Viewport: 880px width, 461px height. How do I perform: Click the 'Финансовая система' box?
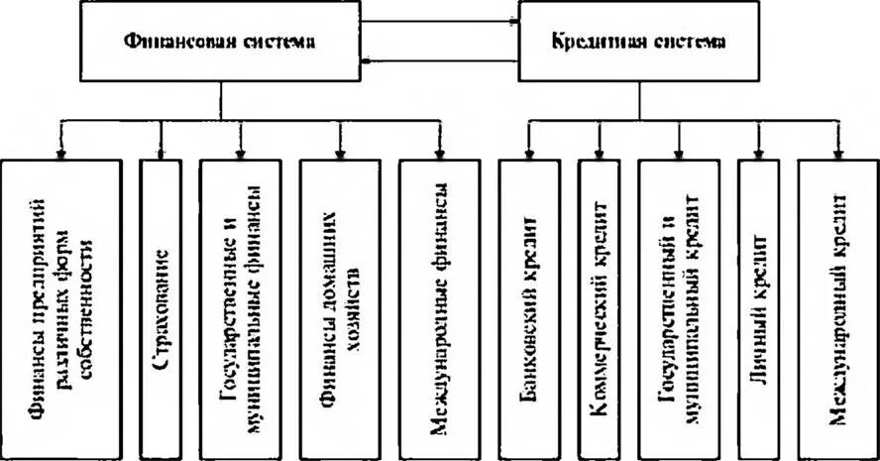(219, 42)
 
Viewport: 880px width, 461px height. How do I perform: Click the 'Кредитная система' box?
(638, 42)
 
